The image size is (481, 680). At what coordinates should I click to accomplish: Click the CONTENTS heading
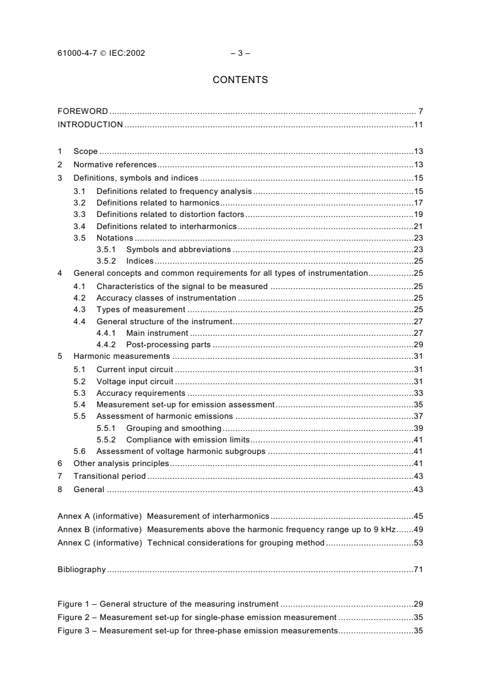(x=240, y=79)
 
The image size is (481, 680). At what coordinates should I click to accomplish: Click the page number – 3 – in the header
(x=240, y=53)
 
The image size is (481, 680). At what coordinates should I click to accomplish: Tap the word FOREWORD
(x=82, y=112)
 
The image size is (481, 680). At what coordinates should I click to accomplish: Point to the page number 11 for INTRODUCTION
(x=417, y=125)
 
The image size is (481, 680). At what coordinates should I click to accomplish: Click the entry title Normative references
(x=115, y=165)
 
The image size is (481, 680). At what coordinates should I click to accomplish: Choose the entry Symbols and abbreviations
(x=178, y=249)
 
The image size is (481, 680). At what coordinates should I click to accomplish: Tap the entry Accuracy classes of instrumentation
(x=166, y=298)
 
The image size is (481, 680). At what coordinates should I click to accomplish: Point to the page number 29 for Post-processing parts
(x=417, y=345)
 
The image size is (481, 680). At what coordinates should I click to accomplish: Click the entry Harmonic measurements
(x=121, y=356)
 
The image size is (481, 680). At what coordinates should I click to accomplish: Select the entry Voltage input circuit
(x=135, y=381)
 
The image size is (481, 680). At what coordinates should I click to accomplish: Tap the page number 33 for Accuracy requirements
(x=417, y=393)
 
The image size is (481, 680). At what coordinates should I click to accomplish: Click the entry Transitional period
(x=109, y=476)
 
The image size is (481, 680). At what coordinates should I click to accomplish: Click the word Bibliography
(x=81, y=570)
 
